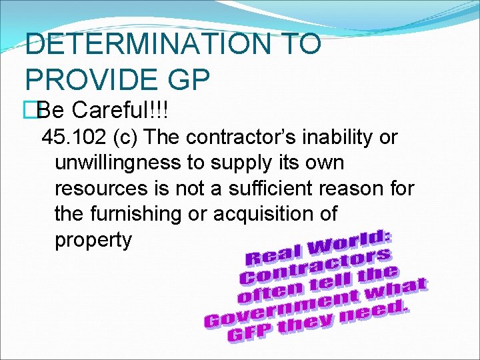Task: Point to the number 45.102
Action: [69, 138]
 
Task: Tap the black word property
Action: [93, 239]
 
